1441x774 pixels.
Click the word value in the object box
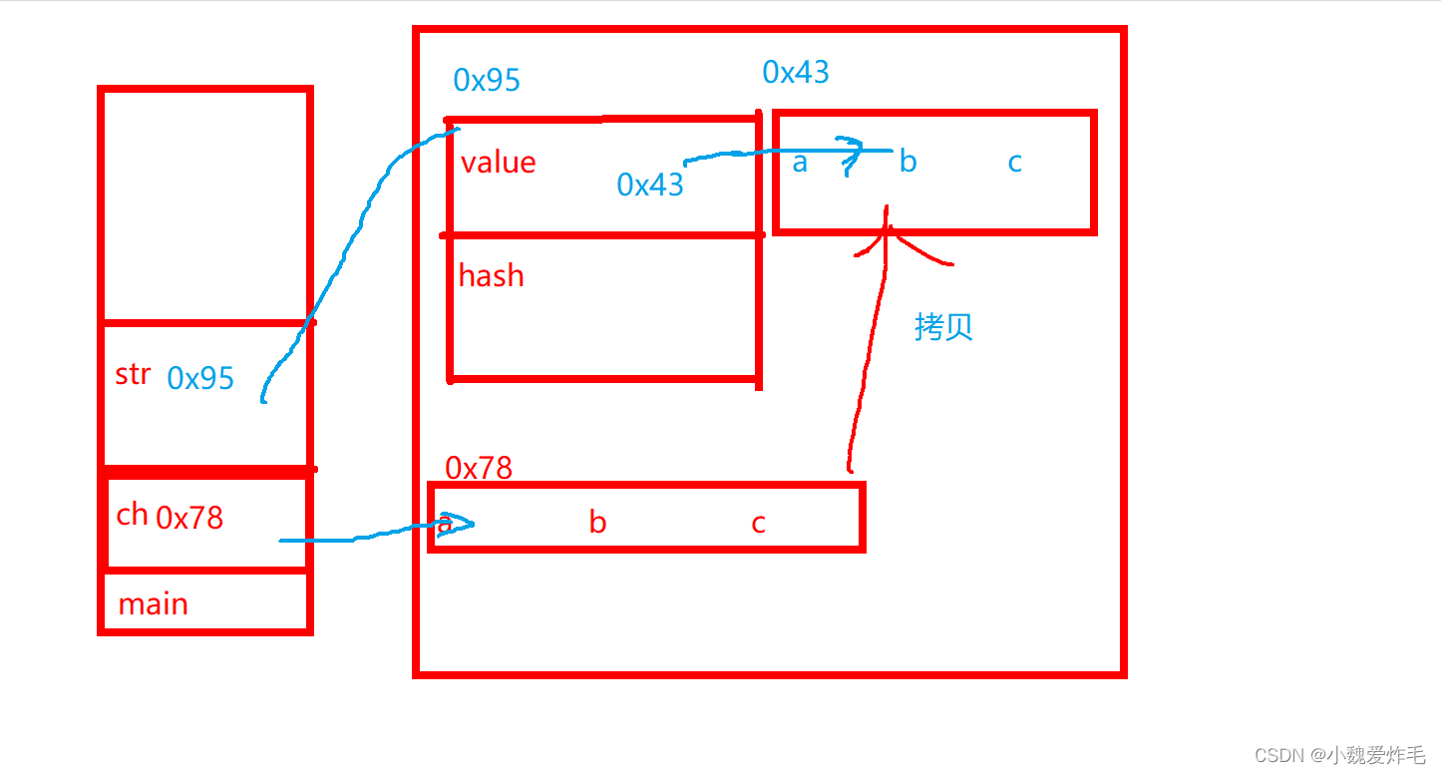coord(498,163)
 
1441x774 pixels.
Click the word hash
coord(491,275)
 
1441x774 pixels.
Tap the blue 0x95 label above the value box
coord(487,80)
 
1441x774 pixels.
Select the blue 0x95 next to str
coord(200,378)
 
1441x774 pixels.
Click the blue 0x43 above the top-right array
coord(796,72)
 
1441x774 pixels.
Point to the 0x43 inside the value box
coord(650,185)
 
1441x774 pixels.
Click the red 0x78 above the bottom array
coord(479,468)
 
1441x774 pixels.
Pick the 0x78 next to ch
coord(189,518)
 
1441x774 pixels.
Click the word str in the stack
coord(133,374)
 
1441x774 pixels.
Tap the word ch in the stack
coord(132,515)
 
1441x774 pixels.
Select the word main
coord(153,604)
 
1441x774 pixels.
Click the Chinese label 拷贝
coord(943,327)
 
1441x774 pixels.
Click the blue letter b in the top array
coord(907,162)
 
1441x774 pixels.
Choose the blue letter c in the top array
coord(1014,162)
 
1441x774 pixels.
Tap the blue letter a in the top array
coord(800,162)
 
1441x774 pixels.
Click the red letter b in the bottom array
coord(597,523)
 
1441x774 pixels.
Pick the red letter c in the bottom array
coord(758,523)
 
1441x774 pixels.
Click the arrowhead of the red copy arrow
coord(886,231)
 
